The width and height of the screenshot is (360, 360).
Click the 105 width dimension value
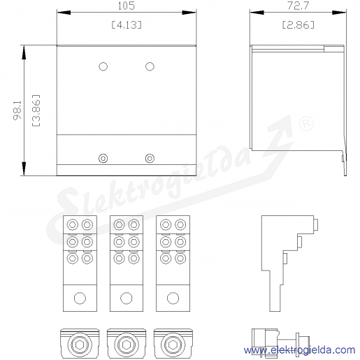[126, 6]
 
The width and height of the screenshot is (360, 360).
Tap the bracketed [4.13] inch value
[127, 24]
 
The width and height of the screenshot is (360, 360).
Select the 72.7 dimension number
[298, 6]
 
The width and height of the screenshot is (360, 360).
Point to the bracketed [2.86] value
[298, 24]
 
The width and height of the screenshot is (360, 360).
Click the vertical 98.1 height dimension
[17, 110]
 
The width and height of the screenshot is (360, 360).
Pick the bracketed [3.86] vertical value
[36, 110]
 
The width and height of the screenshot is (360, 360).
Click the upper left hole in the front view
[103, 66]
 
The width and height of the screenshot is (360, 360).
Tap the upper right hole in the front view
[150, 66]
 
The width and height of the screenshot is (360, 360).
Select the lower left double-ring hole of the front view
[103, 159]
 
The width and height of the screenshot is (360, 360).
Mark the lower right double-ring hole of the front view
[150, 159]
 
